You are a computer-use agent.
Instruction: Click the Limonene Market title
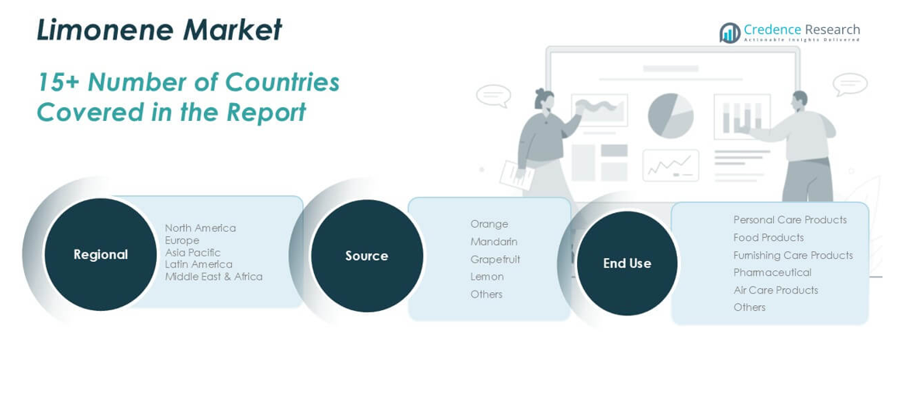[159, 30]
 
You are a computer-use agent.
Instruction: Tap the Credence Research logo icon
[730, 33]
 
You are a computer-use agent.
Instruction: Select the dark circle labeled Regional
[101, 254]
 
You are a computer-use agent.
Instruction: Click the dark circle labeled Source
[367, 256]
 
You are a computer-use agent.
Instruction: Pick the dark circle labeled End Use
[627, 263]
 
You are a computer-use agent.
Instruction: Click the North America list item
[200, 228]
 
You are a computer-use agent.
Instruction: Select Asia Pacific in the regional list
[192, 252]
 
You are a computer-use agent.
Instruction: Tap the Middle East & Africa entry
[213, 277]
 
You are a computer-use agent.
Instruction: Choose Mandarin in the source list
[493, 242]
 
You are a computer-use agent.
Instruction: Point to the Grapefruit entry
[495, 259]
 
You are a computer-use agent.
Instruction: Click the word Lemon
[486, 277]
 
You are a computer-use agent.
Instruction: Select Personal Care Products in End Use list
[789, 220]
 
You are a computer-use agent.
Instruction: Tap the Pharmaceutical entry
[772, 273]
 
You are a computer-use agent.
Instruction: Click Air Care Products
[775, 290]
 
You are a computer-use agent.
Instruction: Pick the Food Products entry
[769, 238]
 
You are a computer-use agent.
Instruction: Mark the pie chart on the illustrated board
[670, 115]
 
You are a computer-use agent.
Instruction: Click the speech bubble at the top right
[849, 83]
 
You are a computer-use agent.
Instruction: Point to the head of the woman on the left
[544, 100]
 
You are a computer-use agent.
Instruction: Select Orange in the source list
[489, 224]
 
